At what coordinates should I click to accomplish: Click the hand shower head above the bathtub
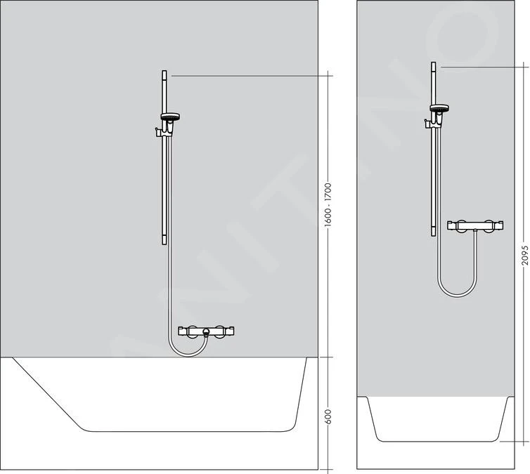tap(170, 117)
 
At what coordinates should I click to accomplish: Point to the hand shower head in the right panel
tap(438, 109)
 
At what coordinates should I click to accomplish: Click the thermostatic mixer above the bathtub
tap(206, 331)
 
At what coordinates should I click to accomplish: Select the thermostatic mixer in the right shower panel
tap(477, 227)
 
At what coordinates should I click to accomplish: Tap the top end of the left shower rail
tap(164, 72)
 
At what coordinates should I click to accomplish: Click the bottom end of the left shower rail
tap(164, 242)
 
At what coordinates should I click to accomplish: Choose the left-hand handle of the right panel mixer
tap(460, 226)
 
